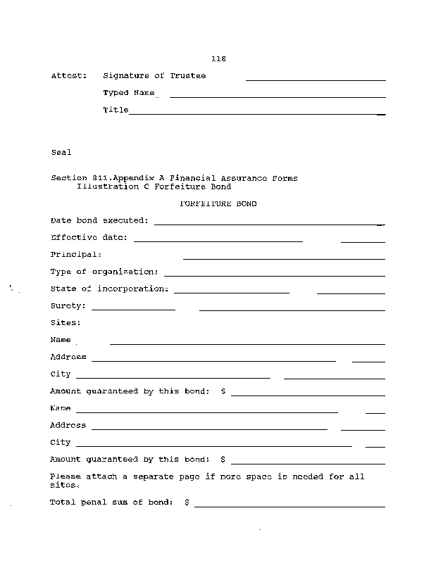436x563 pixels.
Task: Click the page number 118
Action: pos(218,59)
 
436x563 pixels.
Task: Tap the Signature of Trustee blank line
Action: pos(315,80)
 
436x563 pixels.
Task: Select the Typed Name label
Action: pos(128,93)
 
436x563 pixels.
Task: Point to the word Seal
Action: pos(61,152)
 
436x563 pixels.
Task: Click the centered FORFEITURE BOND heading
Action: pos(218,204)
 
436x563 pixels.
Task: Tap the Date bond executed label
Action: pos(99,220)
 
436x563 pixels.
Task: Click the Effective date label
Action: pos(89,238)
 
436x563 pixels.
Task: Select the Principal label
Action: pos(76,255)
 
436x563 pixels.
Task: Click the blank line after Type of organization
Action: pos(274,275)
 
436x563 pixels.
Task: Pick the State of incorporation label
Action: pos(109,289)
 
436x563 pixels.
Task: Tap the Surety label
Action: pos(68,306)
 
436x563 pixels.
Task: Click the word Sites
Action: pos(66,323)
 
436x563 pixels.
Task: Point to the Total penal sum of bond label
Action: pos(111,502)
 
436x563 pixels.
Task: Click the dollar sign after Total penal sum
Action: pos(187,502)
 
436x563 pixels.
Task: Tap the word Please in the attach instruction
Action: pos(65,476)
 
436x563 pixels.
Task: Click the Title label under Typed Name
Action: pos(116,110)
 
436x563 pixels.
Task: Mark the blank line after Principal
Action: pos(284,258)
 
